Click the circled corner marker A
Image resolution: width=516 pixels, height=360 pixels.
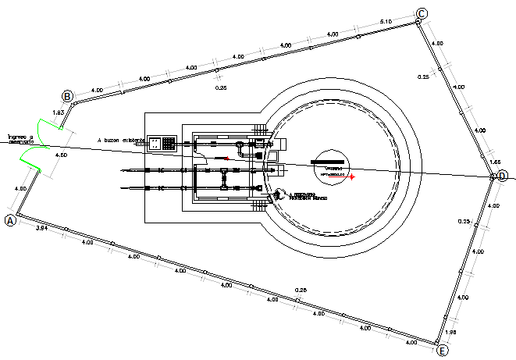coord(11,220)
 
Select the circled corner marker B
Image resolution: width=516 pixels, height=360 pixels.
coord(68,96)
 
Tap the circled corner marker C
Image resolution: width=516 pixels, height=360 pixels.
coord(422,13)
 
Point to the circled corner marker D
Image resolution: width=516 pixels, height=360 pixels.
coord(503,176)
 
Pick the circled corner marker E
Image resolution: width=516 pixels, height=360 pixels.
coord(443,351)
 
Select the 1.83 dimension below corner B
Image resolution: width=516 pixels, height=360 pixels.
coord(58,113)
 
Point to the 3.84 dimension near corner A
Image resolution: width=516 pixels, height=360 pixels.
coord(44,228)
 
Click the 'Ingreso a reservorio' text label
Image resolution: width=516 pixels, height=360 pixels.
coord(20,139)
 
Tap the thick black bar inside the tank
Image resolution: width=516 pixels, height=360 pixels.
coord(325,161)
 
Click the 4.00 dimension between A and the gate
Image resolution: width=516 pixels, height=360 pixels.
coord(20,189)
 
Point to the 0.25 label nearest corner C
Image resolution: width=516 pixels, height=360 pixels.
coord(424,77)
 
